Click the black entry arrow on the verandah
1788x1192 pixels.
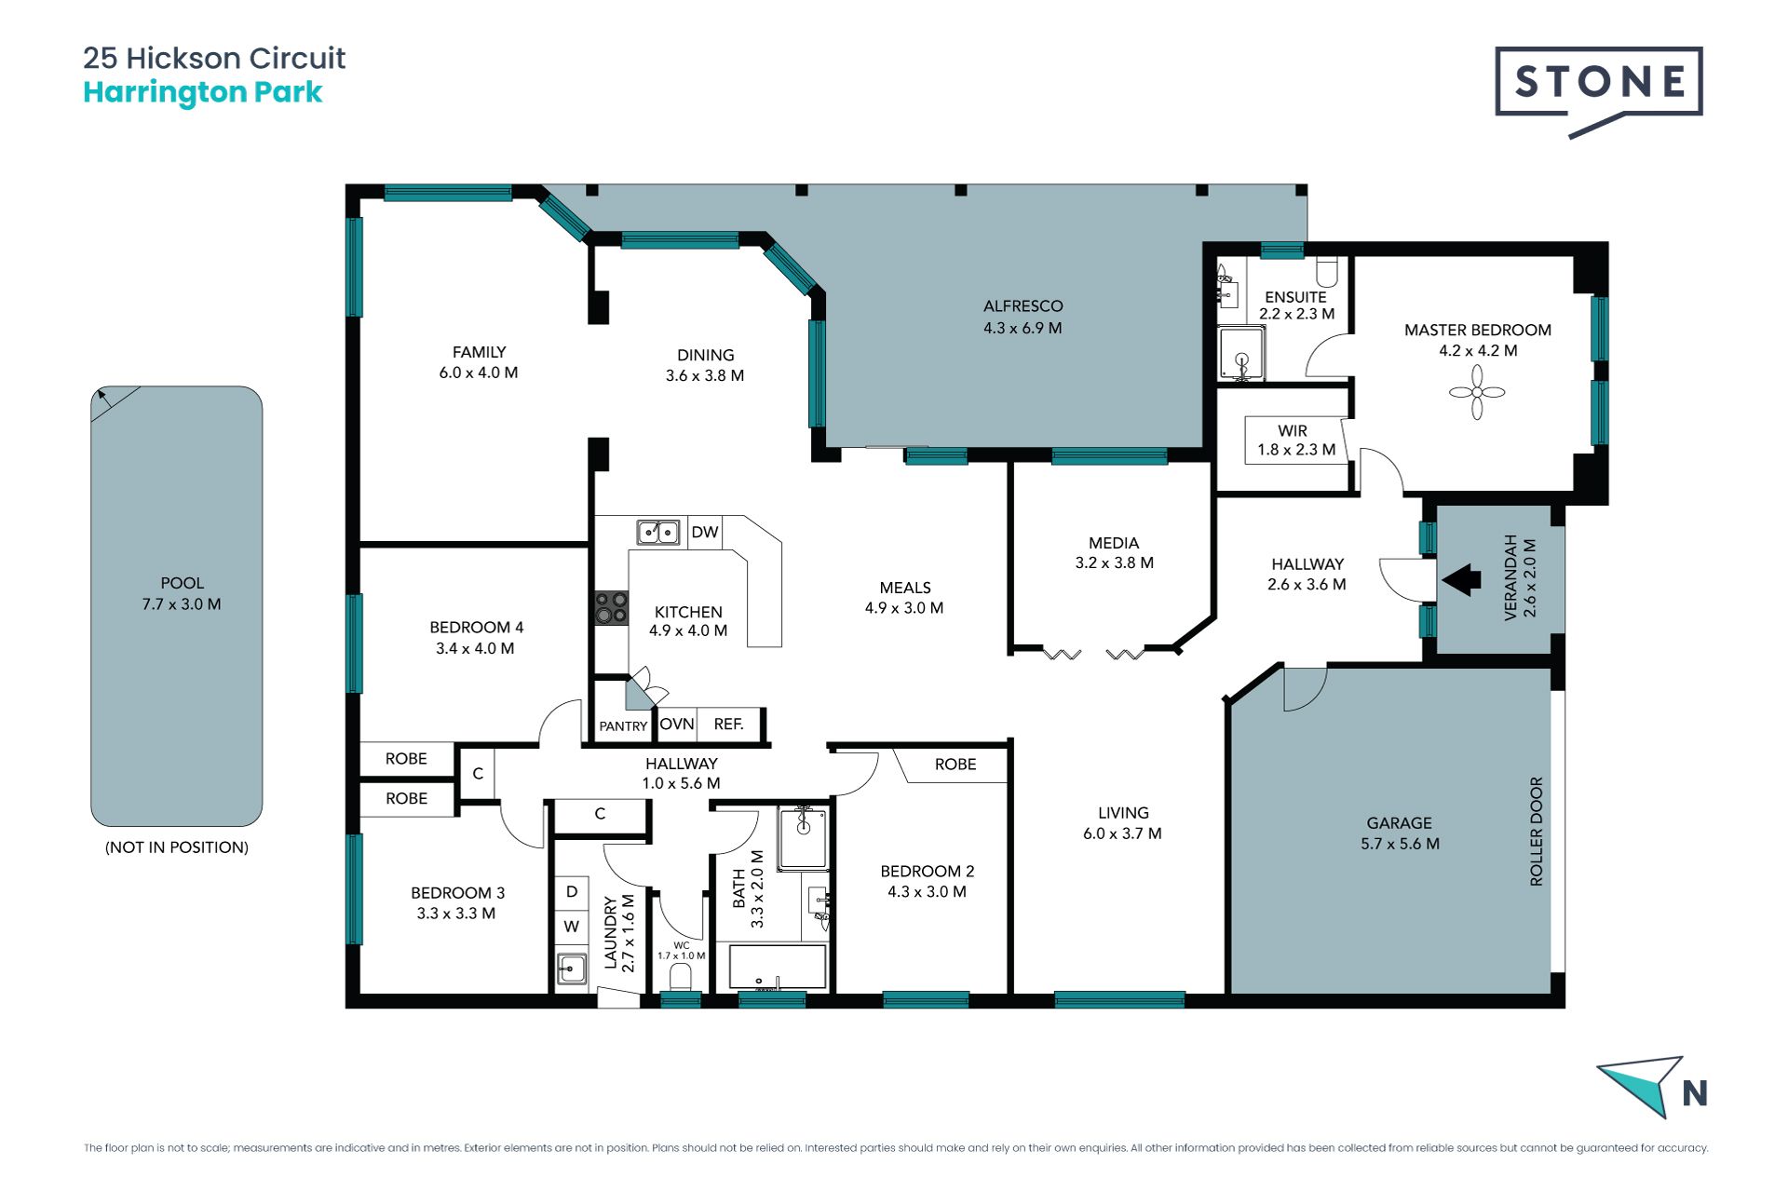pos(1461,579)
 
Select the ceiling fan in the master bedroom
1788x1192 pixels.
pos(1477,392)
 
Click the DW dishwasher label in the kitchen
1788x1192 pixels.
pos(705,532)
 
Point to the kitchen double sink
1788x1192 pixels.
pos(658,532)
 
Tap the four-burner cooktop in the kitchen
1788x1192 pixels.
pos(612,607)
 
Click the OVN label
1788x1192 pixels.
pos(677,724)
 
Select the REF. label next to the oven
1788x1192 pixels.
pos(728,724)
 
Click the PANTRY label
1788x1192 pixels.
pos(623,726)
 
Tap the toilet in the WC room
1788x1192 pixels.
pos(681,978)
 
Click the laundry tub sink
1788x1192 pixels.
pos(572,968)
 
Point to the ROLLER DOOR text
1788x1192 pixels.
pos(1537,832)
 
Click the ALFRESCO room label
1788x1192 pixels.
pos(1023,305)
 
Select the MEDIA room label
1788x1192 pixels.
pos(1114,543)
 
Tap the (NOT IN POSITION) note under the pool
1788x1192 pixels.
pos(177,847)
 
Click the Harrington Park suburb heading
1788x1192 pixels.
pos(203,92)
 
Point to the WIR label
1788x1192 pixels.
pos(1293,431)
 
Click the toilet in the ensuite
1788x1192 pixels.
pos(1327,271)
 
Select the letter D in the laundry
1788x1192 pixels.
pos(572,891)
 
